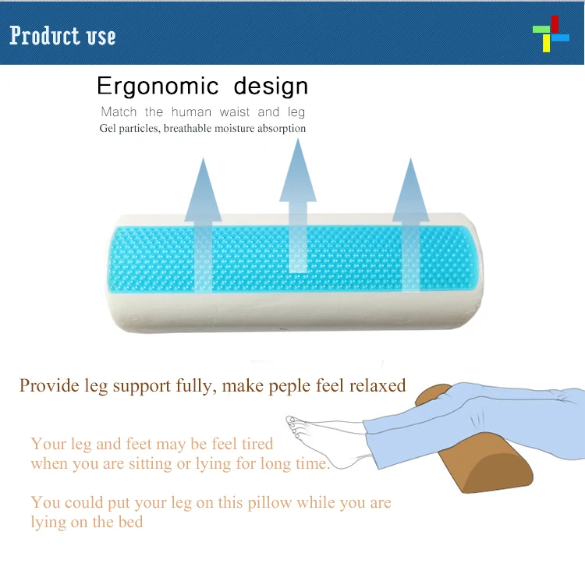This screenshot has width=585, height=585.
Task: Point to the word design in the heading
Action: coord(261,86)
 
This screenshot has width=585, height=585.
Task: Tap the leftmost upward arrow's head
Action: coord(203,188)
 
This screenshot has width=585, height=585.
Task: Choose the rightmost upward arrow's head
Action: coord(411,187)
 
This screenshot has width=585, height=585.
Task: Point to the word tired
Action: coord(254,444)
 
